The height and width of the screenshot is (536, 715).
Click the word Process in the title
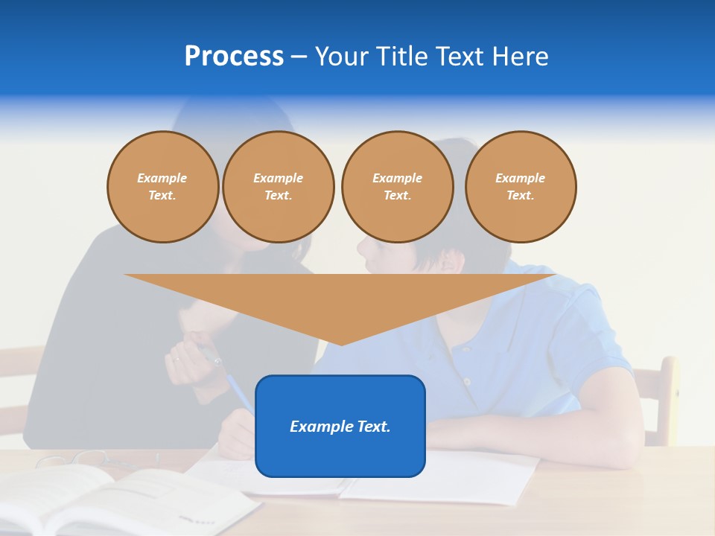pyautogui.click(x=234, y=57)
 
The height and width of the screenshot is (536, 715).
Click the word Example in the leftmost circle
pyautogui.click(x=162, y=178)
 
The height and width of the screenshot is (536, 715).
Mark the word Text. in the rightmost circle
pyautogui.click(x=521, y=196)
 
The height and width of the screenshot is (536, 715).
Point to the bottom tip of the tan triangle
pyautogui.click(x=341, y=344)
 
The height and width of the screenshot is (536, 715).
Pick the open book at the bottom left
pyautogui.click(x=112, y=499)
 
